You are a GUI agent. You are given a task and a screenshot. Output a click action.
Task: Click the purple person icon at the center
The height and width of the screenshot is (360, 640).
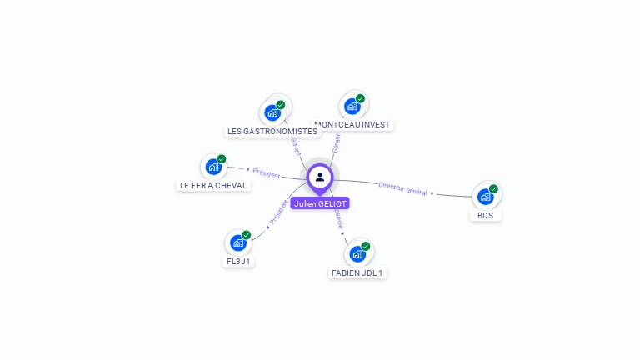[x=320, y=177]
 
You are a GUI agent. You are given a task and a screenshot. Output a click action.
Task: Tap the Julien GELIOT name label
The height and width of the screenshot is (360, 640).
[x=320, y=203]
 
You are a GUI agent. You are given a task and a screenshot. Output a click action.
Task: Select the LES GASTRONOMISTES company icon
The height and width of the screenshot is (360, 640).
[x=272, y=112]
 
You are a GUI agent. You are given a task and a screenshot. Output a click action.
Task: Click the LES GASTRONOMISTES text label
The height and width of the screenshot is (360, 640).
[x=272, y=131]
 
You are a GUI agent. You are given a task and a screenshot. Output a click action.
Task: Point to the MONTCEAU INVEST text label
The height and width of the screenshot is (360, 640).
[x=352, y=124]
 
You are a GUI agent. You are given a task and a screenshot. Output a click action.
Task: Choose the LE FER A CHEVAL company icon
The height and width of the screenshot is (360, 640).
[x=213, y=166]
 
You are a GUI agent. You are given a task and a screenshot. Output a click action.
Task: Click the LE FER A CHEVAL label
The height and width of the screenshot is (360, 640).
[x=214, y=185]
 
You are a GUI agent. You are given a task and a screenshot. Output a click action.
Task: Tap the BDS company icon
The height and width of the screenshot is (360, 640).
[x=485, y=197]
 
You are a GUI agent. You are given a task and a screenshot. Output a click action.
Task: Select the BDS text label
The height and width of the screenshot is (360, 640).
[x=485, y=215]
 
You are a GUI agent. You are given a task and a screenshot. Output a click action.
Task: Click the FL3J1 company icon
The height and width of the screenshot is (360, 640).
[x=238, y=242]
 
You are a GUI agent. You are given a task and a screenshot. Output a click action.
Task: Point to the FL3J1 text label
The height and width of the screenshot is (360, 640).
[x=238, y=261]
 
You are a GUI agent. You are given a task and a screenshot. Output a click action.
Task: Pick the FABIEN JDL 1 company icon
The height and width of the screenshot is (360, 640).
[x=357, y=253]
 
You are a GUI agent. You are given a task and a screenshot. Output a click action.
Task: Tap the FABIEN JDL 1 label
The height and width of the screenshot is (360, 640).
[x=357, y=272]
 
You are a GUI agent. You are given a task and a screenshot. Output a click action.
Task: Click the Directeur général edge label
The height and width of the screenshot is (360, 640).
[x=402, y=188]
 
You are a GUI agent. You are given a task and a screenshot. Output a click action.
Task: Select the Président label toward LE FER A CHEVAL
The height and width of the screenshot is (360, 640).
[x=267, y=173]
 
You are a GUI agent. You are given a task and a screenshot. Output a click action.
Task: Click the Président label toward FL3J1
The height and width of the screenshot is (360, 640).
[x=278, y=212]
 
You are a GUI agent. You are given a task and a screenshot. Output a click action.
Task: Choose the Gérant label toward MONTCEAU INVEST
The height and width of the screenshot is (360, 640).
[x=336, y=142]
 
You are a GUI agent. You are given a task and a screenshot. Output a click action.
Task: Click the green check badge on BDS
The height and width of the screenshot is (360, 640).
[x=493, y=189]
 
